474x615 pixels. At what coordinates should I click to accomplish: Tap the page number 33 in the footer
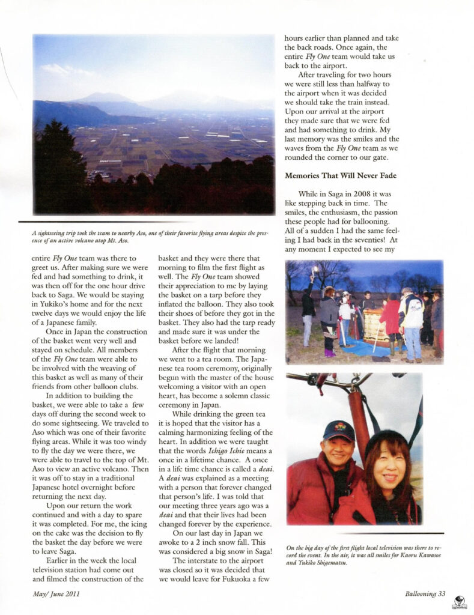pyautogui.click(x=441, y=594)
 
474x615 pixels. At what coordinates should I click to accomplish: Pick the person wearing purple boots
pyautogui.click(x=329, y=324)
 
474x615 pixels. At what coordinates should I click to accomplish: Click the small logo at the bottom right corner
pyautogui.click(x=460, y=601)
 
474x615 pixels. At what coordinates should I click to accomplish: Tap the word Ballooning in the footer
pyautogui.click(x=418, y=594)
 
